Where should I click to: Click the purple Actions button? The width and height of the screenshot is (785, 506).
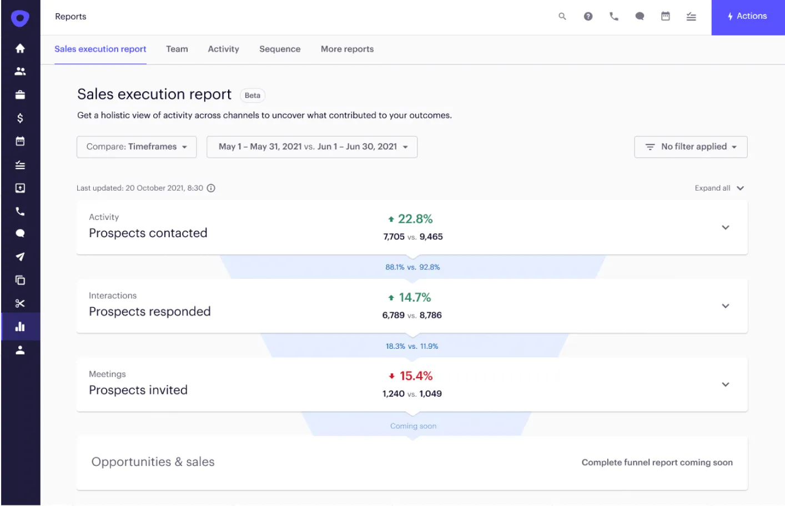pyautogui.click(x=747, y=17)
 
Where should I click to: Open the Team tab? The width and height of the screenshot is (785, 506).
pyautogui.click(x=177, y=49)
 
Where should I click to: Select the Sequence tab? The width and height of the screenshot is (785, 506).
pyautogui.click(x=280, y=49)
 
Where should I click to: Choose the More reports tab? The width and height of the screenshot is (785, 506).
pyautogui.click(x=347, y=49)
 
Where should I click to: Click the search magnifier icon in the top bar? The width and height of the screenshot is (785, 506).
pyautogui.click(x=562, y=17)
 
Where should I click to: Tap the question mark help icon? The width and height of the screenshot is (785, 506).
pyautogui.click(x=588, y=17)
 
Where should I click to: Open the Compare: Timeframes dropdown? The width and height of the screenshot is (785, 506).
pyautogui.click(x=137, y=147)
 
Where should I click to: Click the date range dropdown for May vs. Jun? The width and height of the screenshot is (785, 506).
pyautogui.click(x=312, y=147)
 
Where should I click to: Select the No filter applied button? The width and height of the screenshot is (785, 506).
pyautogui.click(x=691, y=147)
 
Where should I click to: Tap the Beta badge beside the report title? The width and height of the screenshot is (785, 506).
pyautogui.click(x=252, y=96)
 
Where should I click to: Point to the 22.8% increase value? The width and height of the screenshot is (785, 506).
pyautogui.click(x=414, y=219)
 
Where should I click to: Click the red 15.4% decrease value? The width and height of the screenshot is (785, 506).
pyautogui.click(x=415, y=376)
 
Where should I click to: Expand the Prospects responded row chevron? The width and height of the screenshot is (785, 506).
pyautogui.click(x=725, y=306)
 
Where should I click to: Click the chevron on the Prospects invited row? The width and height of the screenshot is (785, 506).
pyautogui.click(x=725, y=384)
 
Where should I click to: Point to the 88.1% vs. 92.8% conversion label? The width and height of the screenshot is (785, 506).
pyautogui.click(x=412, y=267)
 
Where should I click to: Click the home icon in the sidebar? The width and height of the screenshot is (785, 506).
pyautogui.click(x=20, y=48)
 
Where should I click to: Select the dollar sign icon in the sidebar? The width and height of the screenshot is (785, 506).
pyautogui.click(x=20, y=118)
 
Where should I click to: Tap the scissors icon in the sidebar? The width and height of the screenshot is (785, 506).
pyautogui.click(x=20, y=303)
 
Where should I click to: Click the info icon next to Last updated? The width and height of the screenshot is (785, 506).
pyautogui.click(x=211, y=188)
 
